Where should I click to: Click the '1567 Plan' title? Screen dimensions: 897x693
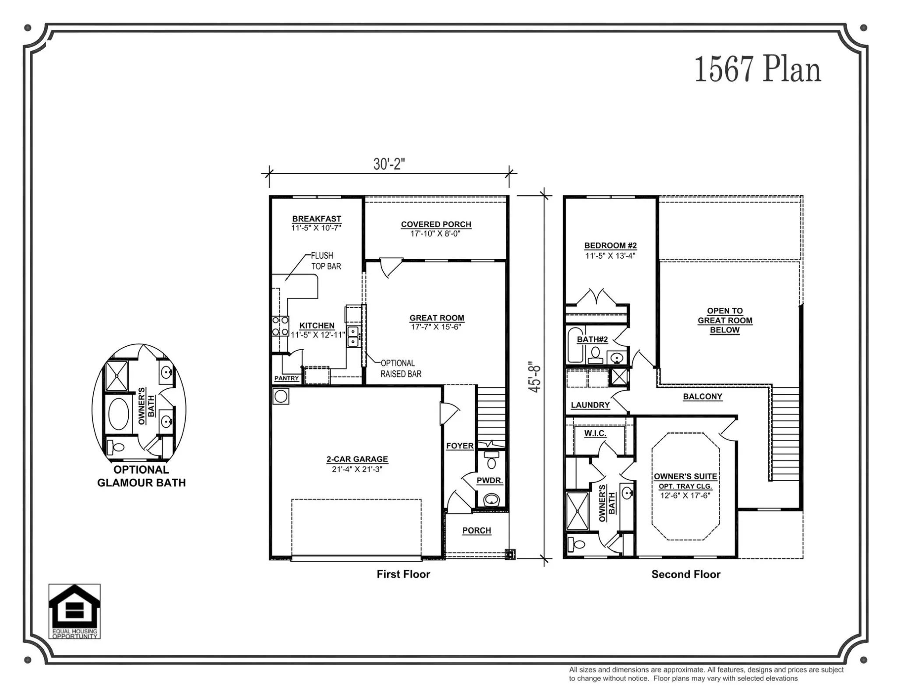[758, 70]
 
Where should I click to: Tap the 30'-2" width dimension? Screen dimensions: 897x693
[389, 164]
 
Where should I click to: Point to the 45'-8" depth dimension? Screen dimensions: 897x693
[535, 377]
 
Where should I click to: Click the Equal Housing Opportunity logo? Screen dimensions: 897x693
[74, 611]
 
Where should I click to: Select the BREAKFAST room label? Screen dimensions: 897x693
[316, 219]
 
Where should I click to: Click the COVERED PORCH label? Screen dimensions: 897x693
[436, 225]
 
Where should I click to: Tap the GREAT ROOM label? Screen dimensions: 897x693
[437, 318]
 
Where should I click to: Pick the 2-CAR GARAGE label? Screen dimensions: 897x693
[357, 459]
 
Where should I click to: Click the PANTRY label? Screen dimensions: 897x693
[286, 378]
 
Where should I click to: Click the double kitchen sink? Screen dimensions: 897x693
[353, 336]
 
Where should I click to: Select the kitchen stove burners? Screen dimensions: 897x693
[280, 326]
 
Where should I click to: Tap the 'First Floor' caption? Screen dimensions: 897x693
[403, 574]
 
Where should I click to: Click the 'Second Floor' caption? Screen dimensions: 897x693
[685, 574]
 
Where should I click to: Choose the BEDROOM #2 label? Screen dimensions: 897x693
[610, 246]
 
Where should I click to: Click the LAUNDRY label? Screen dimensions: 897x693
[590, 405]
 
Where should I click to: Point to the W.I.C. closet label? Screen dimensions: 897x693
[595, 433]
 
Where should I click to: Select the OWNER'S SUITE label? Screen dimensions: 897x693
[685, 476]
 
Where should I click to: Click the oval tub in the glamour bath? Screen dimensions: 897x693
[118, 414]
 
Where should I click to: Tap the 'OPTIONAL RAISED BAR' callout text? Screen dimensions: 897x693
[401, 369]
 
